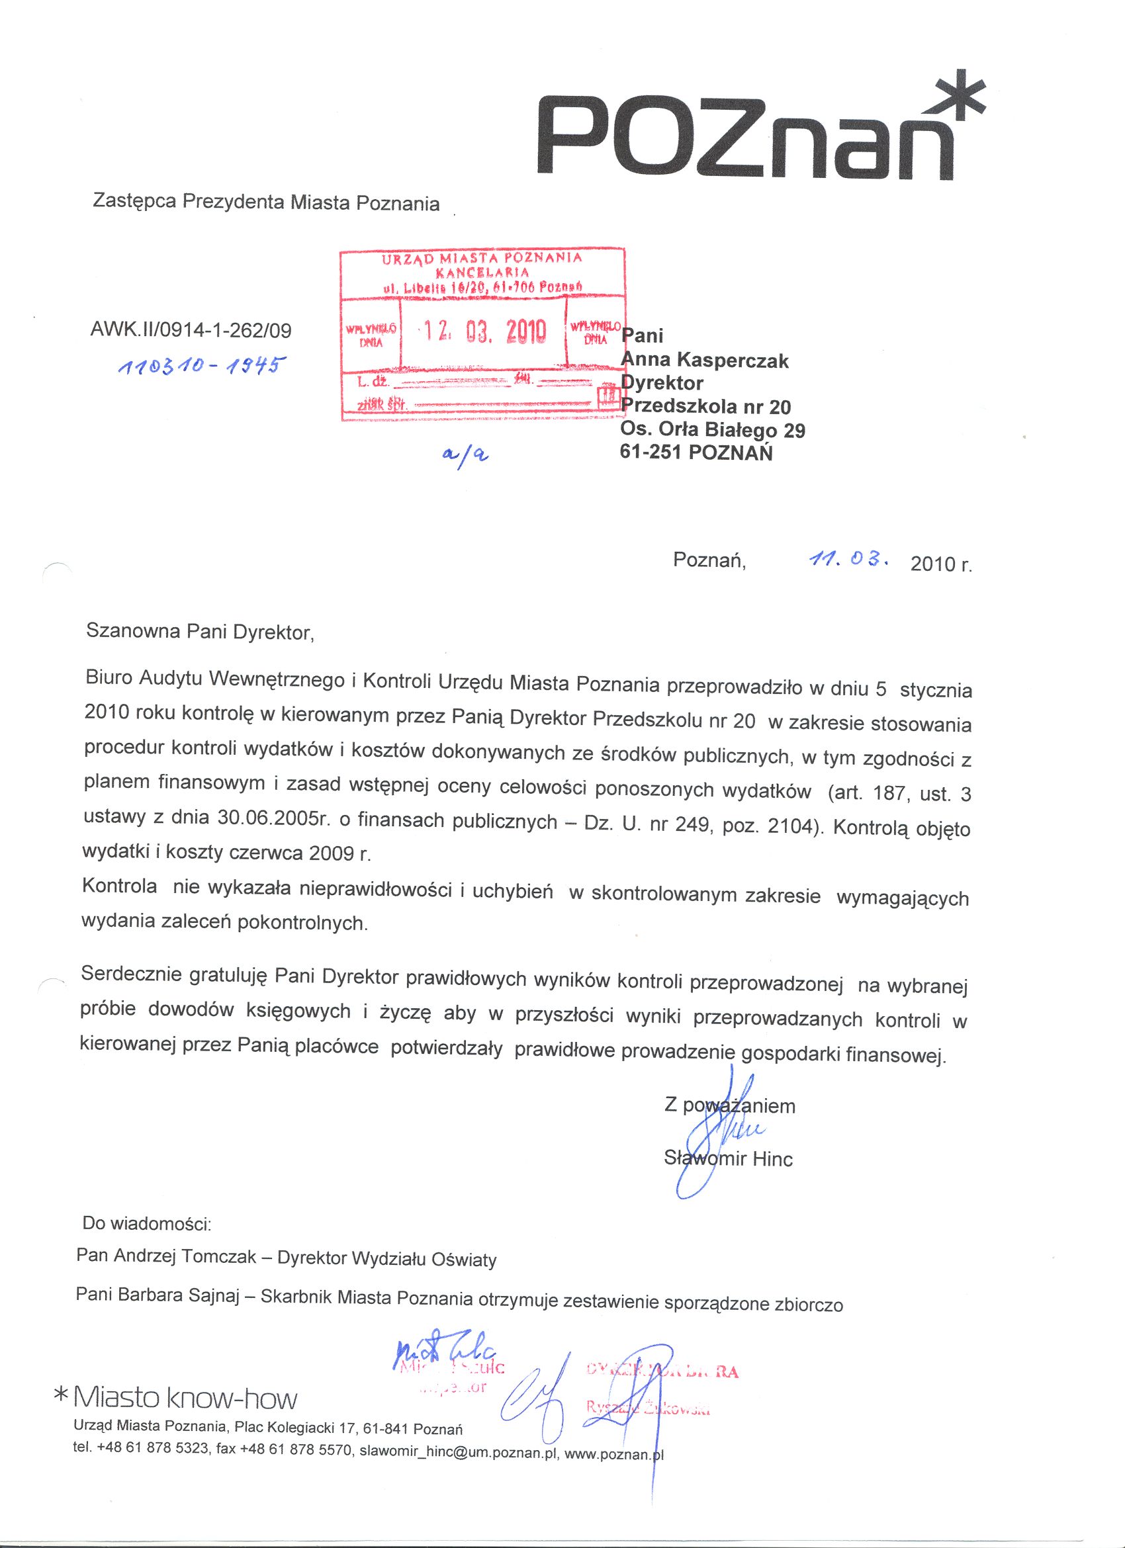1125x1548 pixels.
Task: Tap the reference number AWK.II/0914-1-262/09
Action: [191, 331]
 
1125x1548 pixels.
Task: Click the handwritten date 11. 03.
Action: [847, 560]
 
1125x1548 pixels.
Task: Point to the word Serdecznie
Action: [130, 974]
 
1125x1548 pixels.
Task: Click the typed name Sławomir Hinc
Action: [729, 1159]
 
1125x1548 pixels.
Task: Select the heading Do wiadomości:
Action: [147, 1223]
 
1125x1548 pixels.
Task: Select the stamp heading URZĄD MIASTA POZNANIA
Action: [482, 258]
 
